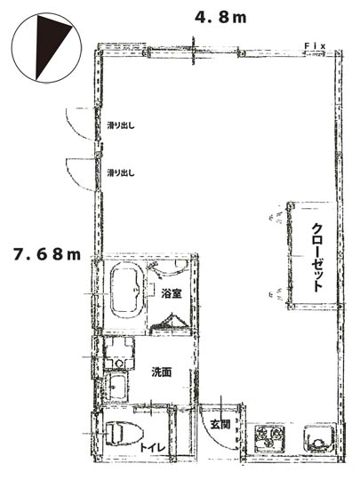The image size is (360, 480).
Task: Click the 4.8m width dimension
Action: pyautogui.click(x=220, y=18)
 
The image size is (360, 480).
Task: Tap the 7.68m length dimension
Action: pyautogui.click(x=47, y=255)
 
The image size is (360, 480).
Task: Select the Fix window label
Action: pyautogui.click(x=315, y=46)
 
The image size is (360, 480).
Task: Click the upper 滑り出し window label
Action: pyautogui.click(x=121, y=125)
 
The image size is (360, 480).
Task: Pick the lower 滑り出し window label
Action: pyautogui.click(x=121, y=173)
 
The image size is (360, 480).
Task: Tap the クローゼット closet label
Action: pyautogui.click(x=317, y=258)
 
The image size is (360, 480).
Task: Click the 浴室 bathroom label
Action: pyautogui.click(x=172, y=294)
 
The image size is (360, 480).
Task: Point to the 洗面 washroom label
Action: pyautogui.click(x=162, y=372)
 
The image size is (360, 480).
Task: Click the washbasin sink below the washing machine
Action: pyautogui.click(x=117, y=387)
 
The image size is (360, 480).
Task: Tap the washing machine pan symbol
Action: pyautogui.click(x=119, y=353)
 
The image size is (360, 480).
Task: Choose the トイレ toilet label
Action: pyautogui.click(x=153, y=448)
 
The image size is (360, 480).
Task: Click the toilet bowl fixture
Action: pyautogui.click(x=124, y=434)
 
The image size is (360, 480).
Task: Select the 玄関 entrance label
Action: pyautogui.click(x=220, y=424)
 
